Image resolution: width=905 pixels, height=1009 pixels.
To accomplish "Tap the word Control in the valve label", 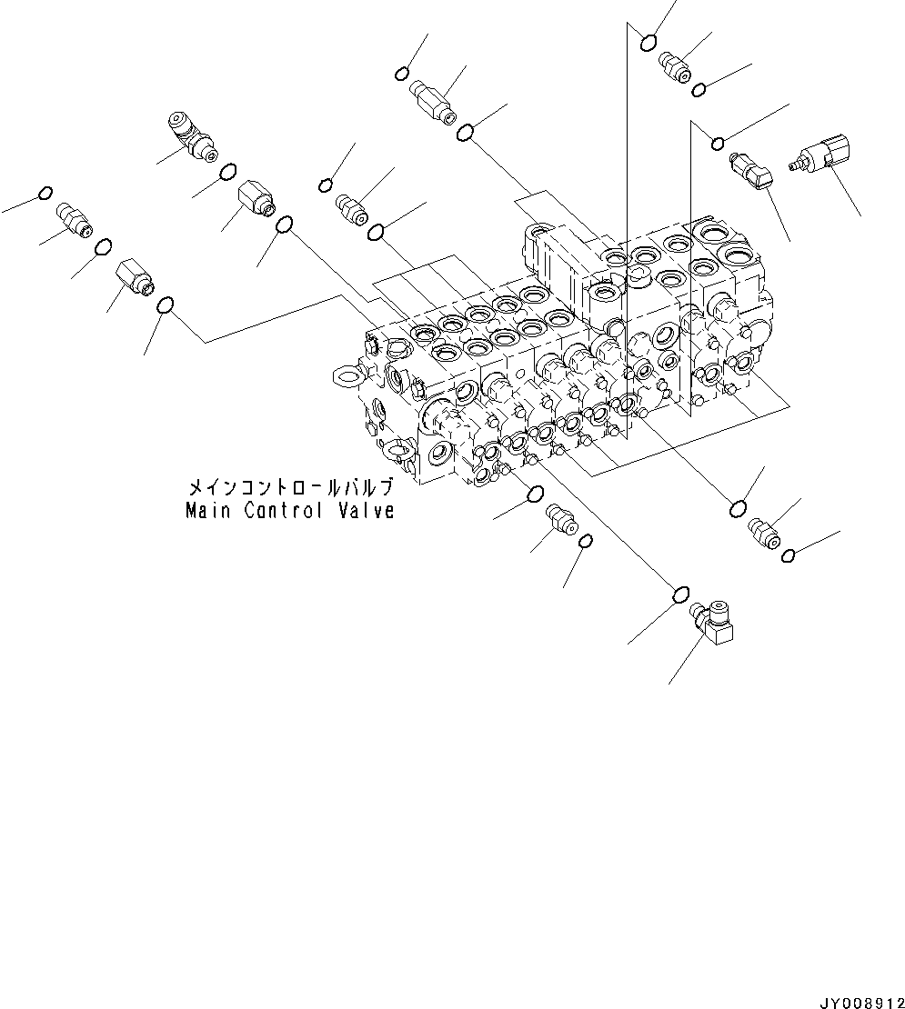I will tap(283, 511).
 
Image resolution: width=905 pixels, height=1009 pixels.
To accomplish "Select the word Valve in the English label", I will tap(366, 511).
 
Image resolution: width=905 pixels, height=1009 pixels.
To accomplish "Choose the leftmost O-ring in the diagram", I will tap(45, 194).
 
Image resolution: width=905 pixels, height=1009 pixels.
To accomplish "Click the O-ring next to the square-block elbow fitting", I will tap(679, 594).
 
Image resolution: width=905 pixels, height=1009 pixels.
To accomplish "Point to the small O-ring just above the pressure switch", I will tap(717, 141).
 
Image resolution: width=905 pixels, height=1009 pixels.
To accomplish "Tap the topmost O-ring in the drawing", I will tap(649, 41).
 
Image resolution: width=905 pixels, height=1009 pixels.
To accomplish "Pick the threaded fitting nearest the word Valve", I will tap(560, 523).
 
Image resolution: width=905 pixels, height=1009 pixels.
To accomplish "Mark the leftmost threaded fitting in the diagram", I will tap(74, 219).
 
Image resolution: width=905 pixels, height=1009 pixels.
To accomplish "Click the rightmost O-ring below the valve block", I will tap(789, 555).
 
